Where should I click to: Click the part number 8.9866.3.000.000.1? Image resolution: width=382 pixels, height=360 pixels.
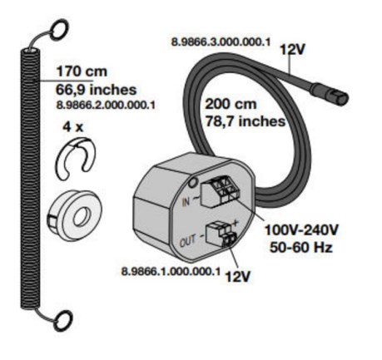click(221, 42)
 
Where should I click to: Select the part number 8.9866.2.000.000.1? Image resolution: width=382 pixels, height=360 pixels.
click(106, 105)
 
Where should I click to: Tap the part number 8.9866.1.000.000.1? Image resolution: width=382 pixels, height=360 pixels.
click(171, 271)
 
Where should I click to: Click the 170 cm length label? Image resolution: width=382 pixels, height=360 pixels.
click(82, 72)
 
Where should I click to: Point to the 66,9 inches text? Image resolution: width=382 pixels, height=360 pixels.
click(97, 90)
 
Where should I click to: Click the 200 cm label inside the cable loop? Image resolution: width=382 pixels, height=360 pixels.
click(231, 104)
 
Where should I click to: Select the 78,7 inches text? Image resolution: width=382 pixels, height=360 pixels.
click(246, 121)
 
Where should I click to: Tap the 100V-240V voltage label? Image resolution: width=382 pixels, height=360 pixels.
click(301, 230)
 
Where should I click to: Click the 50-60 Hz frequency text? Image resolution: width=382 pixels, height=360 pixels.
click(301, 247)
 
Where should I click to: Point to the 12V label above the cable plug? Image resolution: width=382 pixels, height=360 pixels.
click(292, 50)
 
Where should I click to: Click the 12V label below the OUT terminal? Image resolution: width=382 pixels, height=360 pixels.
click(238, 276)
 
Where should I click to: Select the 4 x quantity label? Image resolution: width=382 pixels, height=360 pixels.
click(73, 127)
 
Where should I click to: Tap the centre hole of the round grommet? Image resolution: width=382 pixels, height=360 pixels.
click(82, 217)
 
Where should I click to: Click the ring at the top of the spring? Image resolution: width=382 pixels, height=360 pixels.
click(59, 29)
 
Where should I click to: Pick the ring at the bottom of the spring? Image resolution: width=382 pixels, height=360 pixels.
click(63, 321)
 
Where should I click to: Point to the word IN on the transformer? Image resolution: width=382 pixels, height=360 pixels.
click(186, 202)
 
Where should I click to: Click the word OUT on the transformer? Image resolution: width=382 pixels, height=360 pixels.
click(188, 241)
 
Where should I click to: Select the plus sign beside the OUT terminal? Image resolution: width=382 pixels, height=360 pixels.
click(235, 222)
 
